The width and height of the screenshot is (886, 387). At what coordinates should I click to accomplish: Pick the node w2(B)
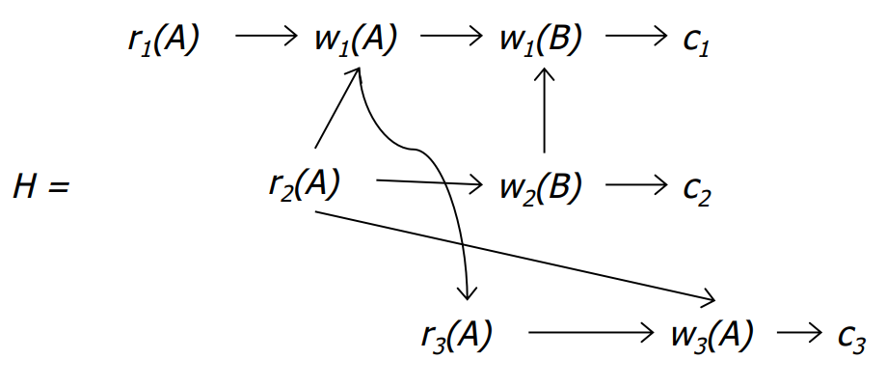[x=541, y=186]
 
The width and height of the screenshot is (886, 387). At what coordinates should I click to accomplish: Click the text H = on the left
[x=40, y=185]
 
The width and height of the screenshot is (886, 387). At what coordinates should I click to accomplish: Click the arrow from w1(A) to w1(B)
[x=449, y=40]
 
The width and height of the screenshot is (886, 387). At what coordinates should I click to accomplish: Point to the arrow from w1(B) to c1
[x=631, y=40]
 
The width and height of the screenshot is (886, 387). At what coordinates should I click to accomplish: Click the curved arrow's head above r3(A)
[x=469, y=293]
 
